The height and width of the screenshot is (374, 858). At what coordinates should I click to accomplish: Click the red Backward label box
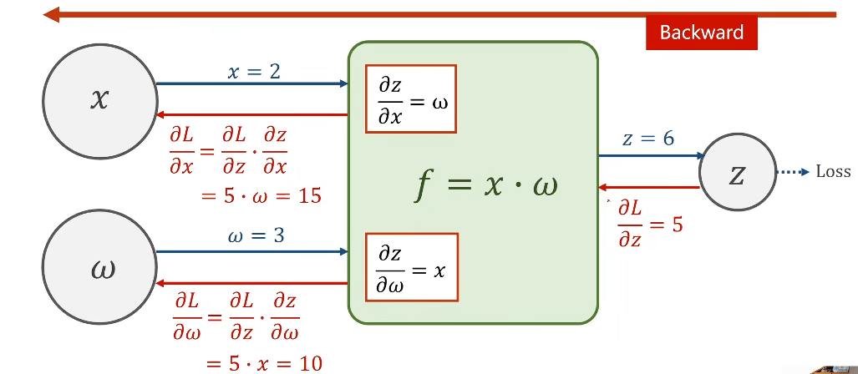tap(702, 33)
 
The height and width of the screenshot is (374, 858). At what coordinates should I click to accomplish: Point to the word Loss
tap(834, 172)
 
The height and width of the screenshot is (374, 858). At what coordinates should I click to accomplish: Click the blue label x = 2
tap(253, 72)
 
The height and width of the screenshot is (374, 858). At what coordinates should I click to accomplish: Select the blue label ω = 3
tap(256, 237)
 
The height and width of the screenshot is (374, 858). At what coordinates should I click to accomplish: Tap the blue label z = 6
tap(648, 139)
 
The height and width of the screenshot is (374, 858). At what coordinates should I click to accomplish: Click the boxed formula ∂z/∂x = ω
tap(411, 99)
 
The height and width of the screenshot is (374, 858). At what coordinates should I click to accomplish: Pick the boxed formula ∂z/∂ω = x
tap(412, 267)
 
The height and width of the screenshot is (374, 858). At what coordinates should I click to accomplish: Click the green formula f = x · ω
tap(486, 185)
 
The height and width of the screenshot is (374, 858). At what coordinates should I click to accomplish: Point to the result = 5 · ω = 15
tap(261, 195)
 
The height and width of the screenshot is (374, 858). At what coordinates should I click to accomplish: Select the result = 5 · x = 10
tap(264, 363)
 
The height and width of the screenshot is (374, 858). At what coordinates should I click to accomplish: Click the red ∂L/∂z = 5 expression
tap(650, 225)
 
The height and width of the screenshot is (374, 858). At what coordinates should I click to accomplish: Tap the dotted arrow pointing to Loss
tap(793, 172)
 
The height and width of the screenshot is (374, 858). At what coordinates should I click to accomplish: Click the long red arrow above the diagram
tap(440, 15)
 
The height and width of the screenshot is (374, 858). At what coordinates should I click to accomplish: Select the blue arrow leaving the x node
tap(252, 83)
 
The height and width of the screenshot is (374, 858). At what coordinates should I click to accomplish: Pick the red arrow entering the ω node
tap(251, 283)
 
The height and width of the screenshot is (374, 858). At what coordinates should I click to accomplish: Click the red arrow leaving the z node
tap(649, 188)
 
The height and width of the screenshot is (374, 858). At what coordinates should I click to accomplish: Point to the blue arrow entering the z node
tap(652, 156)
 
